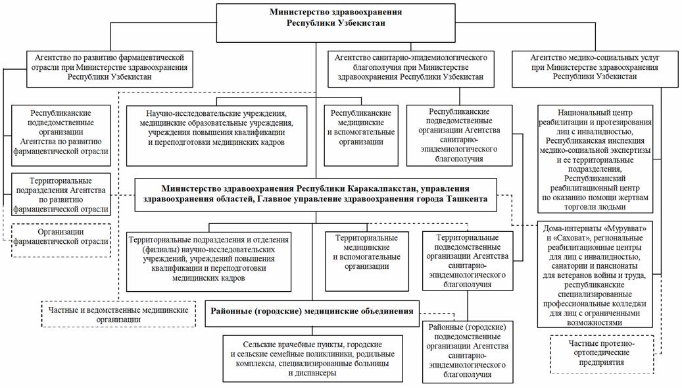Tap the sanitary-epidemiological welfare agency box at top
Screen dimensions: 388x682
pyautogui.click(x=410, y=67)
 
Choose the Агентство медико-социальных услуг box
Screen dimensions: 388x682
pyautogui.click(x=595, y=67)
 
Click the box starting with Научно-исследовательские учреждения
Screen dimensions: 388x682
pyautogui.click(x=216, y=134)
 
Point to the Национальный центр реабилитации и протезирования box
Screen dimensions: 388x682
pyautogui.click(x=595, y=159)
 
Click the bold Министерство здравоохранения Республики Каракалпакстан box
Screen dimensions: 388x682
pyautogui.click(x=316, y=194)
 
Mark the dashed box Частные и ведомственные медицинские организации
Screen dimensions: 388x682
pyautogui.click(x=118, y=314)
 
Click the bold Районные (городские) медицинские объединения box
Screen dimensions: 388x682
pyautogui.click(x=312, y=311)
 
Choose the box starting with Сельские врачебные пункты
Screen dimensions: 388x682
pyautogui.click(x=312, y=358)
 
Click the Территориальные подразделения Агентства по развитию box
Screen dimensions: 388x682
pyautogui.click(x=60, y=195)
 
